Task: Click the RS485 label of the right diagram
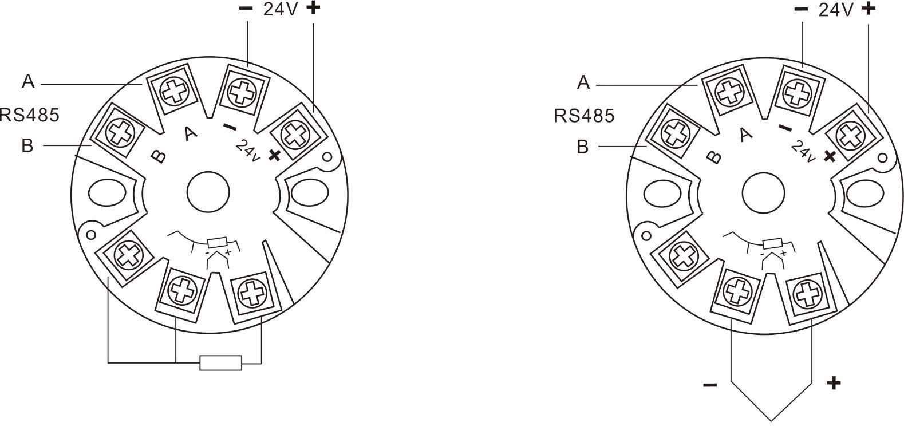coord(584,116)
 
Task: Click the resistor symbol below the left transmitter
coord(220,362)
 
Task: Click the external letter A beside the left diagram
coord(28,82)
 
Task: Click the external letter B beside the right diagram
coord(582,147)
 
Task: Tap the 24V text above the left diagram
coord(281,10)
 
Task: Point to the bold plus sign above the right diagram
coord(869,9)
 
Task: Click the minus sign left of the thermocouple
coord(709,384)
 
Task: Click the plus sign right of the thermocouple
coord(834,382)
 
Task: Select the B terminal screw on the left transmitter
coord(119,133)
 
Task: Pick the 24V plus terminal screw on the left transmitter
coord(294,134)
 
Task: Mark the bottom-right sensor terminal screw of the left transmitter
coord(250,294)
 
